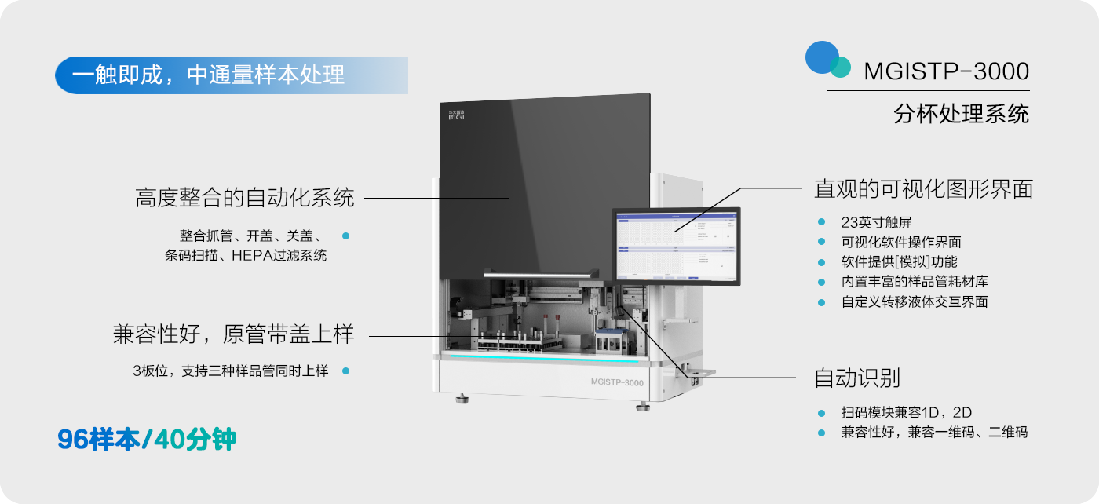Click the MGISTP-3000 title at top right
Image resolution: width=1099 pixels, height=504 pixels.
click(946, 71)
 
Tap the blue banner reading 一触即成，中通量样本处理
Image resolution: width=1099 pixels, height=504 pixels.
click(231, 75)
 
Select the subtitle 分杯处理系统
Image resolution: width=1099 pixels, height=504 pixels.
click(961, 114)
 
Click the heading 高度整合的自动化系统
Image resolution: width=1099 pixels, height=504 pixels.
click(245, 198)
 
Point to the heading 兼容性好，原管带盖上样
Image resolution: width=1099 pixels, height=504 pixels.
click(233, 335)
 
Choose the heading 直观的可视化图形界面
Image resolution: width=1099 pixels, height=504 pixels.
click(923, 189)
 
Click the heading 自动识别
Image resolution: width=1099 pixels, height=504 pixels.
click(856, 378)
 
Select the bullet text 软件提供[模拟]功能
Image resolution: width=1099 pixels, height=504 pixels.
click(899, 262)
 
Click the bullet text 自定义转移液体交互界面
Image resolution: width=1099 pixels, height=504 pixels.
click(914, 301)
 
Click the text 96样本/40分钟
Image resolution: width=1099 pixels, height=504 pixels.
click(147, 440)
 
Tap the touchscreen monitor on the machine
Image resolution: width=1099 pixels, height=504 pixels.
click(676, 244)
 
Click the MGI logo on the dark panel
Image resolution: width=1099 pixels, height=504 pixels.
click(456, 115)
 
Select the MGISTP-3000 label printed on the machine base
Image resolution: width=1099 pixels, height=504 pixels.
click(616, 383)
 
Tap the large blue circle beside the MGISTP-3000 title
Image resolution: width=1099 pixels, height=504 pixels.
click(821, 57)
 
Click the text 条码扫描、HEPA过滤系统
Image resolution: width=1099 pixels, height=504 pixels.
click(246, 255)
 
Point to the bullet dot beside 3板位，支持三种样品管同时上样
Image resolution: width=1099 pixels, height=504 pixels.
click(345, 371)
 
